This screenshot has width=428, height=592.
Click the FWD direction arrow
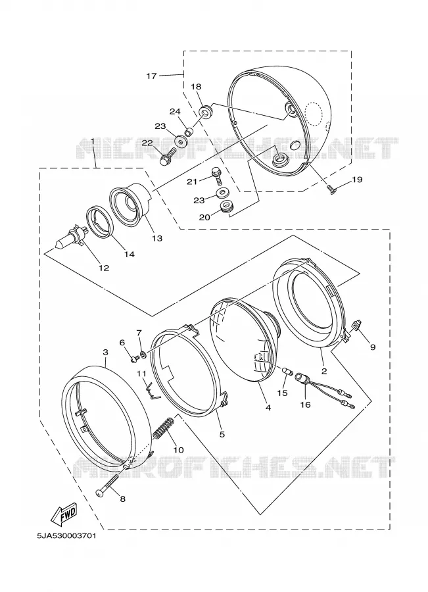coord(64,514)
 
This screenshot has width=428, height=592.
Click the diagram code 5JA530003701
coord(66,535)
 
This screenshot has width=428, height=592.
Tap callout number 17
coord(151,76)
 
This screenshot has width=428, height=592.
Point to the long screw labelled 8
coord(108,485)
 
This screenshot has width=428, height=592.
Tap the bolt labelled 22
coord(168,156)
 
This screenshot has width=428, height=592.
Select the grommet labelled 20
coord(226,207)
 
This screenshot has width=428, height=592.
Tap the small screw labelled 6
coord(133,359)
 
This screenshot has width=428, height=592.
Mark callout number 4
coord(268,408)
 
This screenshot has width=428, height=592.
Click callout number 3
coord(105,352)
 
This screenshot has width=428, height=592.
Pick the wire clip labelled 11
coord(152,390)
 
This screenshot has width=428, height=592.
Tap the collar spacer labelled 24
coord(189,132)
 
